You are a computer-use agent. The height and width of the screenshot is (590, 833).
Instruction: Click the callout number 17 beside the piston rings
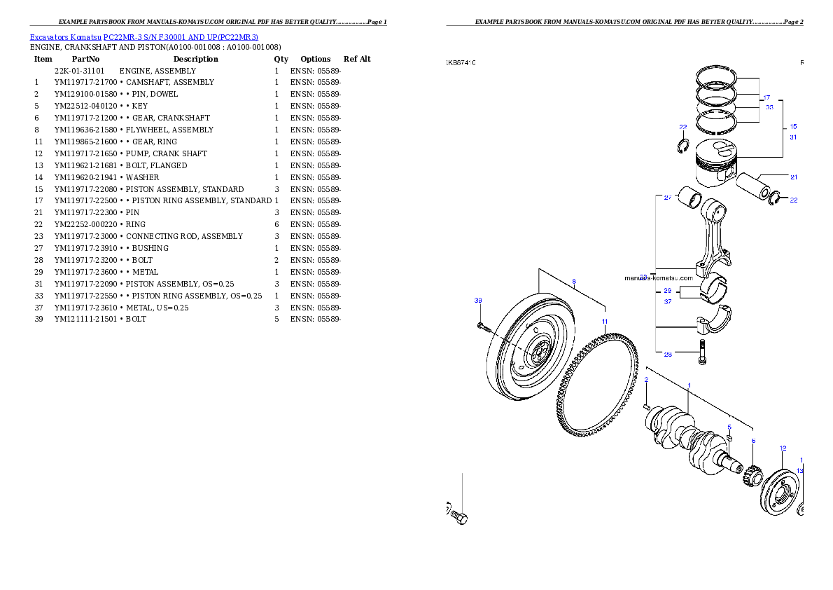click(x=766, y=97)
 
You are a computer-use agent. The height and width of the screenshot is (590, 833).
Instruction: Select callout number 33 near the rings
click(x=769, y=107)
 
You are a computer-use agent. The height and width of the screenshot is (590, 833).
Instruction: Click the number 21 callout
click(x=794, y=177)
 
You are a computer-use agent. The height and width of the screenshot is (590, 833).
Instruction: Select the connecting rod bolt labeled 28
click(x=702, y=352)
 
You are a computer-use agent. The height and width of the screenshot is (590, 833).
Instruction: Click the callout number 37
click(x=668, y=301)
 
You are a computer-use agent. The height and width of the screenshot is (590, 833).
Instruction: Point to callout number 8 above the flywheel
click(x=574, y=282)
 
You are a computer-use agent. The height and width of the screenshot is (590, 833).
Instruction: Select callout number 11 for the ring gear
click(x=605, y=321)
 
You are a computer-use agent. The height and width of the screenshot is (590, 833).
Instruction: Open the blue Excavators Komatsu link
click(x=143, y=36)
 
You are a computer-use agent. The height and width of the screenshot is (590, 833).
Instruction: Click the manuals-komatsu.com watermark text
click(x=658, y=278)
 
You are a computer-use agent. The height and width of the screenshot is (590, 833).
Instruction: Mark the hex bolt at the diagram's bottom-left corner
click(x=458, y=517)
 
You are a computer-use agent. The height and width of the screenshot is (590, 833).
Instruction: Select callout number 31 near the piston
click(x=793, y=137)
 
